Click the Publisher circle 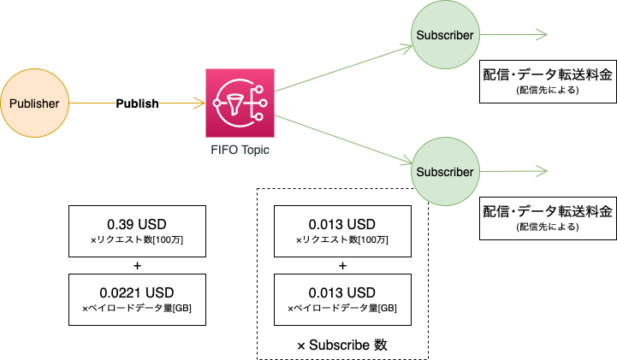[34, 103]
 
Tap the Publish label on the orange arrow [137, 104]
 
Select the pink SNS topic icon [240, 103]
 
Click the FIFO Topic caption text [240, 149]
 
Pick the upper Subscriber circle [444, 35]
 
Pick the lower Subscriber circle [444, 172]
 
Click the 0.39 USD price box [137, 231]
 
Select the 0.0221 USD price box [137, 299]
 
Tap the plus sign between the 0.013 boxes [342, 265]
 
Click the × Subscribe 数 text [342, 345]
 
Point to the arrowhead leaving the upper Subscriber [542, 35]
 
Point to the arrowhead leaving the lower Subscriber [542, 172]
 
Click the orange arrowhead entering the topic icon [200, 104]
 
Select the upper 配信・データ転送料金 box [548, 80]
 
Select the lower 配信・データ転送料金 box [548, 217]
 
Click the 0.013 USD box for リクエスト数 [342, 231]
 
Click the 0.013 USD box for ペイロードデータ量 [342, 299]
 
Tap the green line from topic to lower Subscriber [342, 139]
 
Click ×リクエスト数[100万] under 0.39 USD [137, 241]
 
